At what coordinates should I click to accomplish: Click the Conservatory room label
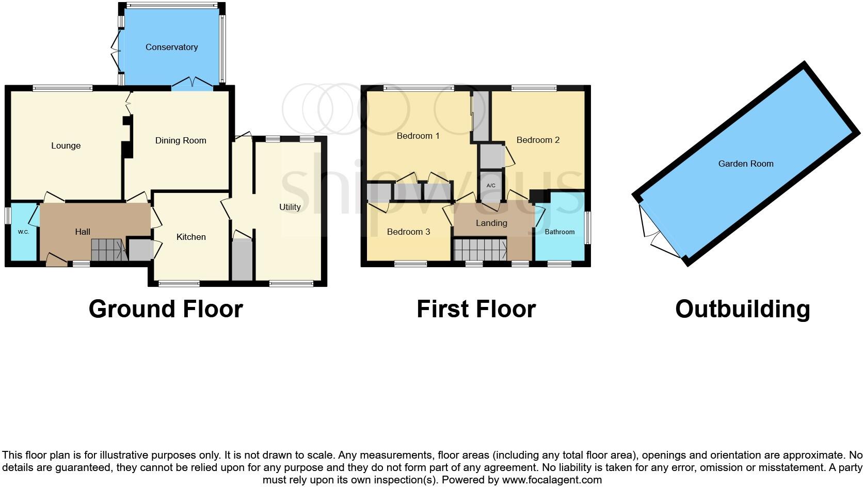coord(171,47)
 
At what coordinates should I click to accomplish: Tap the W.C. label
coord(23,232)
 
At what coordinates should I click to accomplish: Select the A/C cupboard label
coord(491,186)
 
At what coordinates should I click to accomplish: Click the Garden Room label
coord(745,164)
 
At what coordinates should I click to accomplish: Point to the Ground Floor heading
coord(166,309)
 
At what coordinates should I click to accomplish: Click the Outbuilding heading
coord(742,309)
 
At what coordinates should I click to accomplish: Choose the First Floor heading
coord(476,309)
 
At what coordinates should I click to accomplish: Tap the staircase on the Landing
coord(480,250)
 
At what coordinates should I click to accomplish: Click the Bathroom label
coord(560,232)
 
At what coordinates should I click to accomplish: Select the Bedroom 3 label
coord(408,232)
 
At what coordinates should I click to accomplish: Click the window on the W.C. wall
coord(8,215)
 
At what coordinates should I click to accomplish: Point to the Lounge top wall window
coord(62,88)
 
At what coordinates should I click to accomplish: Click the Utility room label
coord(290,207)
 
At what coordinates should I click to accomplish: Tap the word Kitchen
coord(191,237)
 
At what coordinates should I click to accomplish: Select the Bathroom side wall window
coord(587,227)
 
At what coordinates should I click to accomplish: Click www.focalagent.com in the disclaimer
coord(551,480)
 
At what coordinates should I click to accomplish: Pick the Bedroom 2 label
coord(538,140)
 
